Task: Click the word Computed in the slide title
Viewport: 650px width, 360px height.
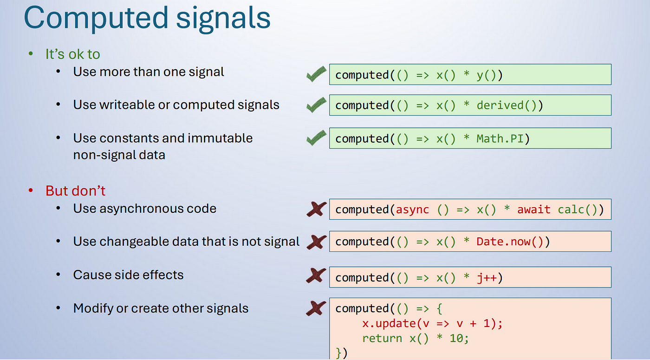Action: tap(96, 18)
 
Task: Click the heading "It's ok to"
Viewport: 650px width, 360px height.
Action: tap(72, 54)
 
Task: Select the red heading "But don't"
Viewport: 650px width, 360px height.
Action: tap(75, 191)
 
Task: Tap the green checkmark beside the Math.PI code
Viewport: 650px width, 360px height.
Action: tap(316, 137)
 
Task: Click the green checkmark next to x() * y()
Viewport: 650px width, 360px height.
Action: tap(316, 74)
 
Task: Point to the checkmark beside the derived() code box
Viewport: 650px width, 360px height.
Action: tap(316, 105)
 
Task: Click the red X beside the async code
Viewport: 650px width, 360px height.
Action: tap(316, 209)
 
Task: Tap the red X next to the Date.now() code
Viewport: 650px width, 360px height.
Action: tap(316, 242)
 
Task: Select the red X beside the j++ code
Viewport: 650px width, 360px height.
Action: tap(316, 275)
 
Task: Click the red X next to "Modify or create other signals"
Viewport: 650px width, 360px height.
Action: tap(316, 308)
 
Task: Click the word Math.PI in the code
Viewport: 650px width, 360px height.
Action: tap(500, 139)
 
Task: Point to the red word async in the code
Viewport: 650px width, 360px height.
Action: tap(412, 209)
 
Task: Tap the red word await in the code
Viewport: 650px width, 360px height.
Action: tap(533, 209)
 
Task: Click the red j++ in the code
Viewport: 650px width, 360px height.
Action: tap(487, 278)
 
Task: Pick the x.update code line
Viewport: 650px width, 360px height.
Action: tap(432, 323)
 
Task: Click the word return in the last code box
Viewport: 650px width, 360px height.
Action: tap(382, 339)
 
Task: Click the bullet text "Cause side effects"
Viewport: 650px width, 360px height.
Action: tap(128, 275)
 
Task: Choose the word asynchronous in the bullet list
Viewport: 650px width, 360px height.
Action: tap(141, 209)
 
